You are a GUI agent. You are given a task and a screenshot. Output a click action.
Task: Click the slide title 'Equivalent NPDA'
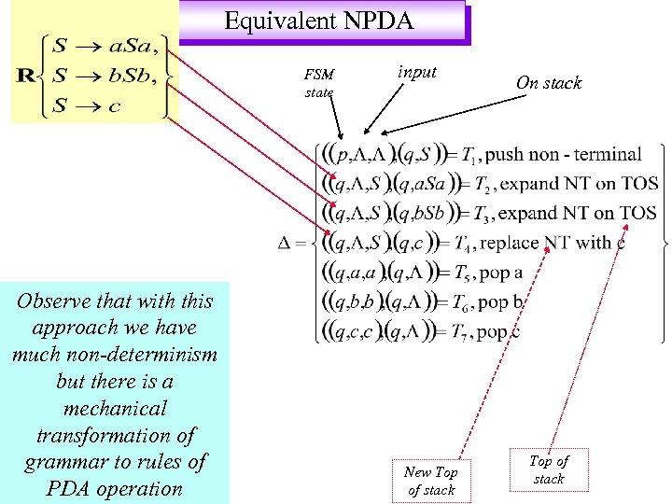click(x=319, y=21)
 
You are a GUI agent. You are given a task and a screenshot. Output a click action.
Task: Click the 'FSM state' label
click(x=318, y=83)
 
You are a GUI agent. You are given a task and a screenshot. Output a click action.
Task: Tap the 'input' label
click(x=416, y=72)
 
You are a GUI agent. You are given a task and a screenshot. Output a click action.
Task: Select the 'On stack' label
click(x=549, y=83)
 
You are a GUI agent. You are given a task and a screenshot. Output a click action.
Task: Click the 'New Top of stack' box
click(x=431, y=481)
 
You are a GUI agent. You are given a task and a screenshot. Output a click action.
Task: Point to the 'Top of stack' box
click(x=549, y=469)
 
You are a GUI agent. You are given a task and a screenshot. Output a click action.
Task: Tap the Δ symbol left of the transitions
click(x=289, y=244)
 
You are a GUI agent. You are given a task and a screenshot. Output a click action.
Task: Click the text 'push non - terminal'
click(x=564, y=154)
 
